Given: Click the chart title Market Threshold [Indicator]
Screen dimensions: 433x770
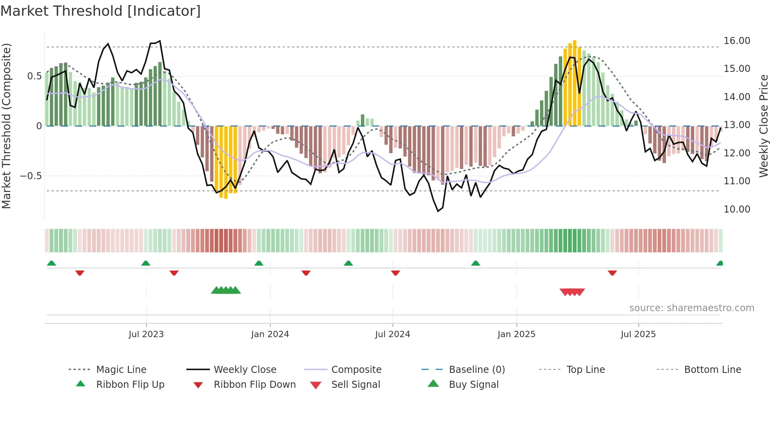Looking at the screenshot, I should pos(101,11).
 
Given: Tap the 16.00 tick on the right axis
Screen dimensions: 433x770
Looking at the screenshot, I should pos(737,41).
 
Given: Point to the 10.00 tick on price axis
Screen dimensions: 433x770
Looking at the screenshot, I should pos(737,209).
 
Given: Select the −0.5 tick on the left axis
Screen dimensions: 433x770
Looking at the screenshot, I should pos(31,176).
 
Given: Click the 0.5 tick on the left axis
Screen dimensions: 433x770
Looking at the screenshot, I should pos(34,76).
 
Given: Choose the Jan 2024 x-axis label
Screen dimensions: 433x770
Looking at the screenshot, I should pos(270,334).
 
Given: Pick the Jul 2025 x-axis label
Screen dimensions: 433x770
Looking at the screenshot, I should pos(638,334).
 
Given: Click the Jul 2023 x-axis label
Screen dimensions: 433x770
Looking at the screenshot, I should pos(146,334).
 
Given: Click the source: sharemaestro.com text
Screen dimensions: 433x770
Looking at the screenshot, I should pos(691,308).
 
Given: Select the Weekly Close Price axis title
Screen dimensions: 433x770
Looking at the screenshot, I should pos(763,126).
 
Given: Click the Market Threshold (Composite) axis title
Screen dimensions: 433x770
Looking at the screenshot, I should pos(6,126).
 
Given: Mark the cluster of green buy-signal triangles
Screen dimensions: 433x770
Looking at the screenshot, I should pos(226,291).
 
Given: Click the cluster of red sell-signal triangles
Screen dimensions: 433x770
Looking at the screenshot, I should pos(572,292).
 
